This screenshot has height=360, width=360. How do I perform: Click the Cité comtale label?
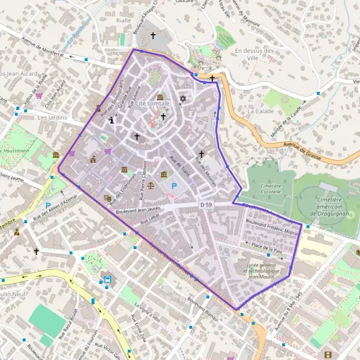(152, 104)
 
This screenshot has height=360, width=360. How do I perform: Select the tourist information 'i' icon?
(112, 120)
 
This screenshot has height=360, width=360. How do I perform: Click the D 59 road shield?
(206, 205)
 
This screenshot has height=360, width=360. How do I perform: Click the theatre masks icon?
(108, 198)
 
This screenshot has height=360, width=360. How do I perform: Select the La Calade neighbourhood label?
(260, 111)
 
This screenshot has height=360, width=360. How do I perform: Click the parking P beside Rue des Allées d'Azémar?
(47, 206)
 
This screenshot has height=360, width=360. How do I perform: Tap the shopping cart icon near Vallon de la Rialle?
(39, 95)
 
